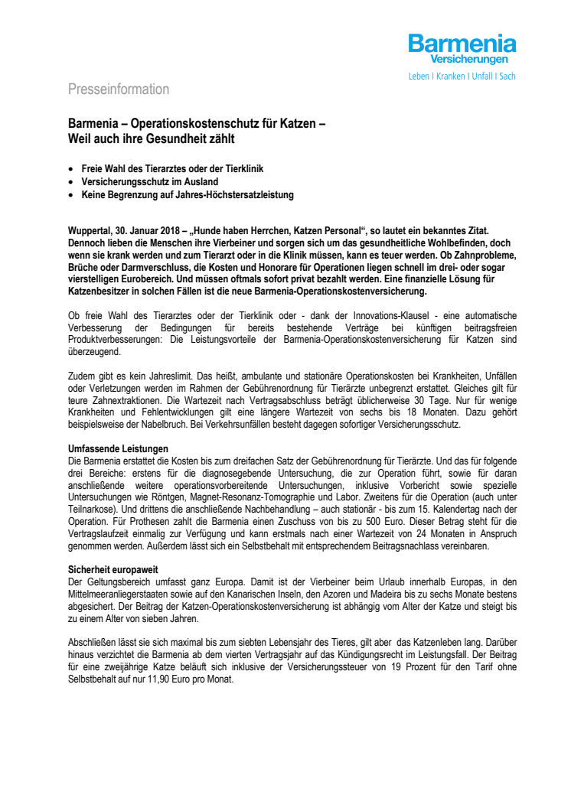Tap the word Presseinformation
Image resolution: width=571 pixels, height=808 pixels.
(x=119, y=90)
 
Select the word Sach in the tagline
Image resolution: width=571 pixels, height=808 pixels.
(x=507, y=77)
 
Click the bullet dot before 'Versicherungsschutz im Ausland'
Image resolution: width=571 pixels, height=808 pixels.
(x=71, y=181)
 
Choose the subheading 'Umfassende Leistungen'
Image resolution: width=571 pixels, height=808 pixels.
(x=118, y=448)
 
